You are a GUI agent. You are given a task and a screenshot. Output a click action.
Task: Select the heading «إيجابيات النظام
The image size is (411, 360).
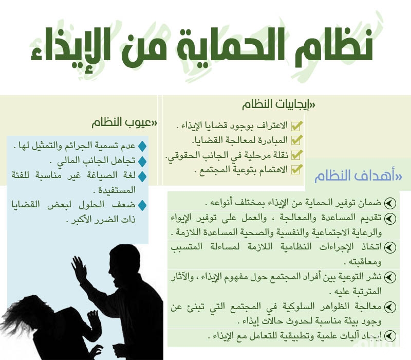click(x=278, y=104)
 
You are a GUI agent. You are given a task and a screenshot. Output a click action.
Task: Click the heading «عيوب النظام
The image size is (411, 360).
click(x=124, y=122)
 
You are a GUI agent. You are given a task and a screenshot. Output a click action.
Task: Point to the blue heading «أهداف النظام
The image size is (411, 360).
click(x=358, y=176)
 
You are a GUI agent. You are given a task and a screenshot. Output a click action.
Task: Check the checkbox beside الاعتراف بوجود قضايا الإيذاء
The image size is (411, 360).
click(x=296, y=125)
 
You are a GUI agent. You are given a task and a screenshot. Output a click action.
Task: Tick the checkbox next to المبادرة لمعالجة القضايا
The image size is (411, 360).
click(x=296, y=140)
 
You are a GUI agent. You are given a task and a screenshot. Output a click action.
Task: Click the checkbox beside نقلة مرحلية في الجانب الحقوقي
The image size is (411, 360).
click(x=296, y=155)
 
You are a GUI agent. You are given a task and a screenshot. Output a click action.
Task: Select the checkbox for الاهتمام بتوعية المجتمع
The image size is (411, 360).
click(x=296, y=169)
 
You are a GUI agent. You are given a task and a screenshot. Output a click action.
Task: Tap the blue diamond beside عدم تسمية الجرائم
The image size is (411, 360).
click(x=142, y=147)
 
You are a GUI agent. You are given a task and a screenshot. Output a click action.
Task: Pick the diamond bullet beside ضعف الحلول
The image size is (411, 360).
click(x=142, y=205)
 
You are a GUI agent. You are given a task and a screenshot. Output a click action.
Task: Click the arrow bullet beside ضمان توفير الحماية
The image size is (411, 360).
click(x=390, y=203)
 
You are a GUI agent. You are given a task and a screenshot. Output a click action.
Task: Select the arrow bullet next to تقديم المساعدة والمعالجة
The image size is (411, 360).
click(x=390, y=218)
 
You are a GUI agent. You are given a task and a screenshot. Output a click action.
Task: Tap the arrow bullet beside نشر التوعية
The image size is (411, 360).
click(x=390, y=277)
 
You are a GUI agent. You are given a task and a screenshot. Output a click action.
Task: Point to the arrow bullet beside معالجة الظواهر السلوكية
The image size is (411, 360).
click(x=390, y=307)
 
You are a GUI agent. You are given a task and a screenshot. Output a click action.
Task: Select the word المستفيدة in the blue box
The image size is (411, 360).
click(x=117, y=190)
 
